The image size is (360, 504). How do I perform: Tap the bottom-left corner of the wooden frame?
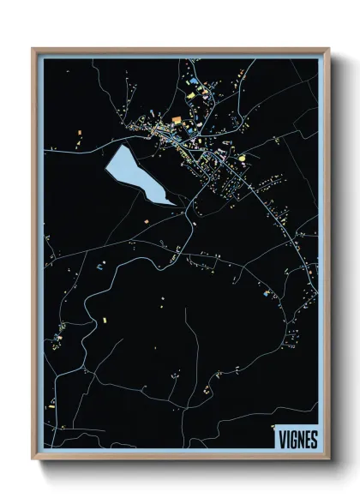point(33,460)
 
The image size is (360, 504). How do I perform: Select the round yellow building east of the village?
point(242,157)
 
